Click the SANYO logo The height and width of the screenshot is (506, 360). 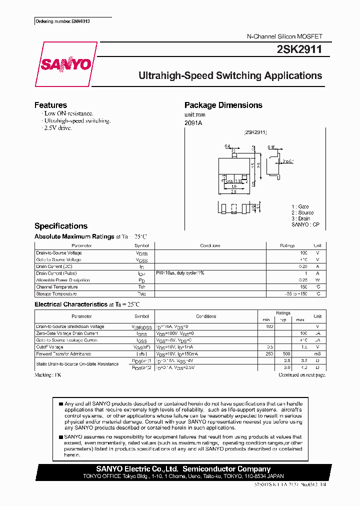pos(65,64)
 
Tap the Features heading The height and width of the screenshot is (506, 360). pos(50,105)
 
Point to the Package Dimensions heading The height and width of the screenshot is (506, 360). pos(223,105)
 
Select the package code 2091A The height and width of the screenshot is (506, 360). pos(193,123)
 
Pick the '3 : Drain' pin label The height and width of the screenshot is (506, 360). pos(301,218)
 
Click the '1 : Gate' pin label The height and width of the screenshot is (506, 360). pos(300,206)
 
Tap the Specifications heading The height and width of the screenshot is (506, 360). pos(61,226)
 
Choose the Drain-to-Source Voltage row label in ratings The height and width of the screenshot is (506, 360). pos(59,253)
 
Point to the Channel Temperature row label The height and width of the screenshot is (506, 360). pos(57,287)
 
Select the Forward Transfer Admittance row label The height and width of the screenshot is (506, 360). pos(62,354)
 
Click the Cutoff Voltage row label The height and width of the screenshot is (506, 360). pos(50,347)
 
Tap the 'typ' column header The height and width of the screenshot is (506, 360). pos(283,319)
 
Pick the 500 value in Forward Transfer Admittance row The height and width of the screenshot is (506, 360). pos(286,354)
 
